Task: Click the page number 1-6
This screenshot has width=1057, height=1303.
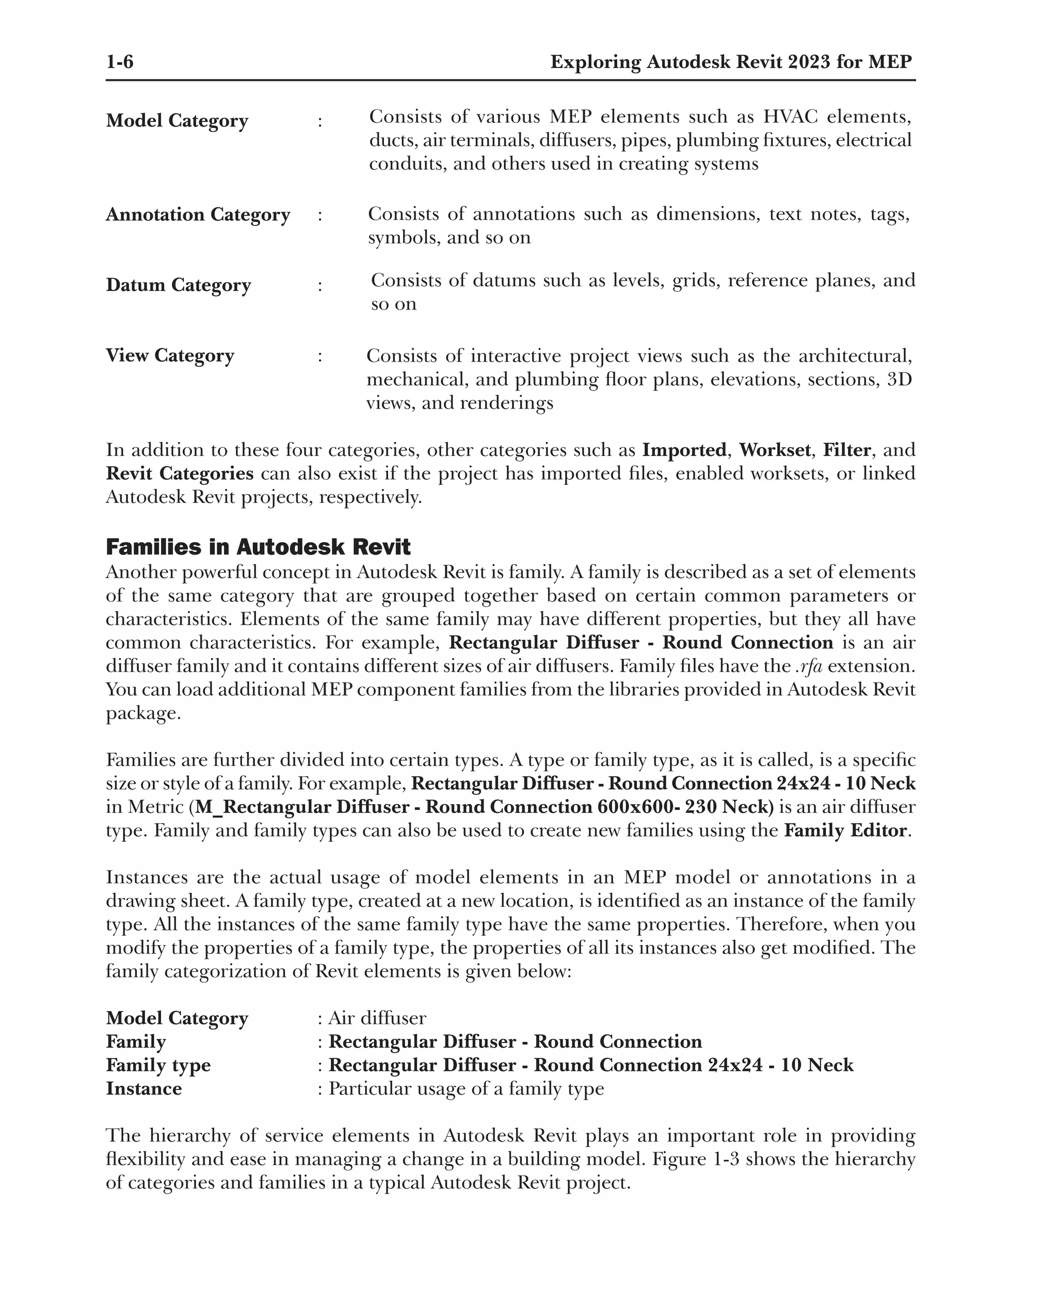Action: click(x=119, y=62)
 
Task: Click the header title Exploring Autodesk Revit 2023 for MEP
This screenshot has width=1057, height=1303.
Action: click(x=731, y=62)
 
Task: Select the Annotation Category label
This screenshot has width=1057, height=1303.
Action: click(x=198, y=215)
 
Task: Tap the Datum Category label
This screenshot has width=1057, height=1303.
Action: click(x=179, y=285)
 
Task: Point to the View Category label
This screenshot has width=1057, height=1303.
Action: click(x=170, y=355)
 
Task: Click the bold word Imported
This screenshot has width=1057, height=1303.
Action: click(x=684, y=450)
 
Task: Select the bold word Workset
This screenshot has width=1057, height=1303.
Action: click(x=775, y=450)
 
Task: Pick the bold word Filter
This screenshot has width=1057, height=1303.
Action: click(x=847, y=450)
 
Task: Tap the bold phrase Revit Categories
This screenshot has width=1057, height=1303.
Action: click(x=180, y=474)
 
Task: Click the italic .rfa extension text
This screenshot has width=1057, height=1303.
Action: click(x=809, y=666)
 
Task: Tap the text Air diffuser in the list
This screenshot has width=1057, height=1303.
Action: click(x=377, y=1018)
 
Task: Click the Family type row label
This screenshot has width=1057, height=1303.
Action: click(x=158, y=1065)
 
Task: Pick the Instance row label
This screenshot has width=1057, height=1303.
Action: click(x=143, y=1088)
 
